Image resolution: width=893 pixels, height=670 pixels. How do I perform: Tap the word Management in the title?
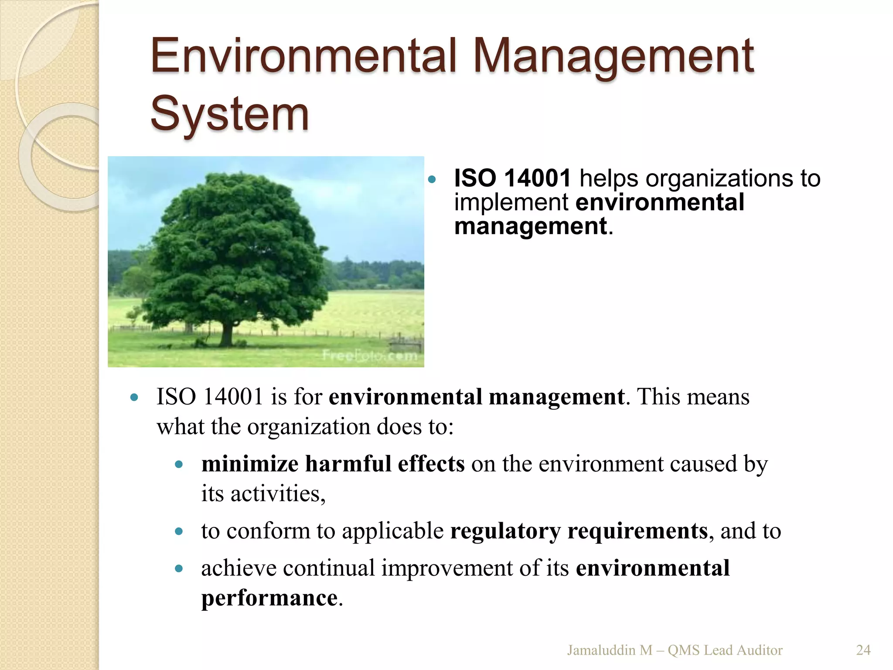pyautogui.click(x=614, y=57)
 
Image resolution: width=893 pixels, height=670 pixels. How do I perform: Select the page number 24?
pyautogui.click(x=863, y=650)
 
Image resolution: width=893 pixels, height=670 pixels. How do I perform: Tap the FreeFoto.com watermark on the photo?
pyautogui.click(x=370, y=356)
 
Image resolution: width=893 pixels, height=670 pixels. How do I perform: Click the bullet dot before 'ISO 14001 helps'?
pyautogui.click(x=432, y=179)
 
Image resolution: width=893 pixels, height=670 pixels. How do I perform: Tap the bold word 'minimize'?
pyautogui.click(x=249, y=464)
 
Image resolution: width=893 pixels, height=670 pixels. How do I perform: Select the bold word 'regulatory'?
pyautogui.click(x=505, y=531)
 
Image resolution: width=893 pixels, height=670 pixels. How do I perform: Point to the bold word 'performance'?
pyautogui.click(x=269, y=598)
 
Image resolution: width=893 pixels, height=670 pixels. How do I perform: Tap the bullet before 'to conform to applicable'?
pyautogui.click(x=178, y=532)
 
